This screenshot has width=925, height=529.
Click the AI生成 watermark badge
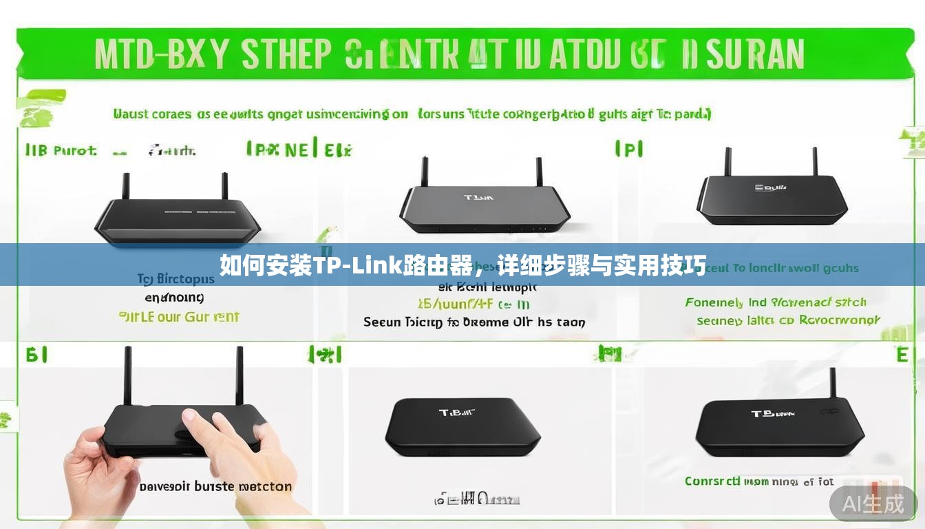click(873, 504)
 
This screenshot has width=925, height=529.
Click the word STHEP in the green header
click(286, 54)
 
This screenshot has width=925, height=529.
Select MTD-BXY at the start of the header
click(161, 54)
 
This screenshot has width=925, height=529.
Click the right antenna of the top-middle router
click(539, 172)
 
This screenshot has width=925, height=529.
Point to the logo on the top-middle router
click(479, 198)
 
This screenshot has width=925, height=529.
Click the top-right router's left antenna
click(727, 161)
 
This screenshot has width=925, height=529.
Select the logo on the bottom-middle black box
click(457, 413)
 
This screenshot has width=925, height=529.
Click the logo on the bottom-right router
click(772, 414)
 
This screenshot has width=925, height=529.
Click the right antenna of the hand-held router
click(240, 375)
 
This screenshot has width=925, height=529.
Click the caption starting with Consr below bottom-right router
click(758, 481)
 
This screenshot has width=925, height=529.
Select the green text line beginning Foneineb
click(775, 302)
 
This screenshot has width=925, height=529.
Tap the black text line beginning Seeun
click(474, 322)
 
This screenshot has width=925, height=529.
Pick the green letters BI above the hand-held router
click(36, 355)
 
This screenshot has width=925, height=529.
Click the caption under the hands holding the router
click(215, 486)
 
